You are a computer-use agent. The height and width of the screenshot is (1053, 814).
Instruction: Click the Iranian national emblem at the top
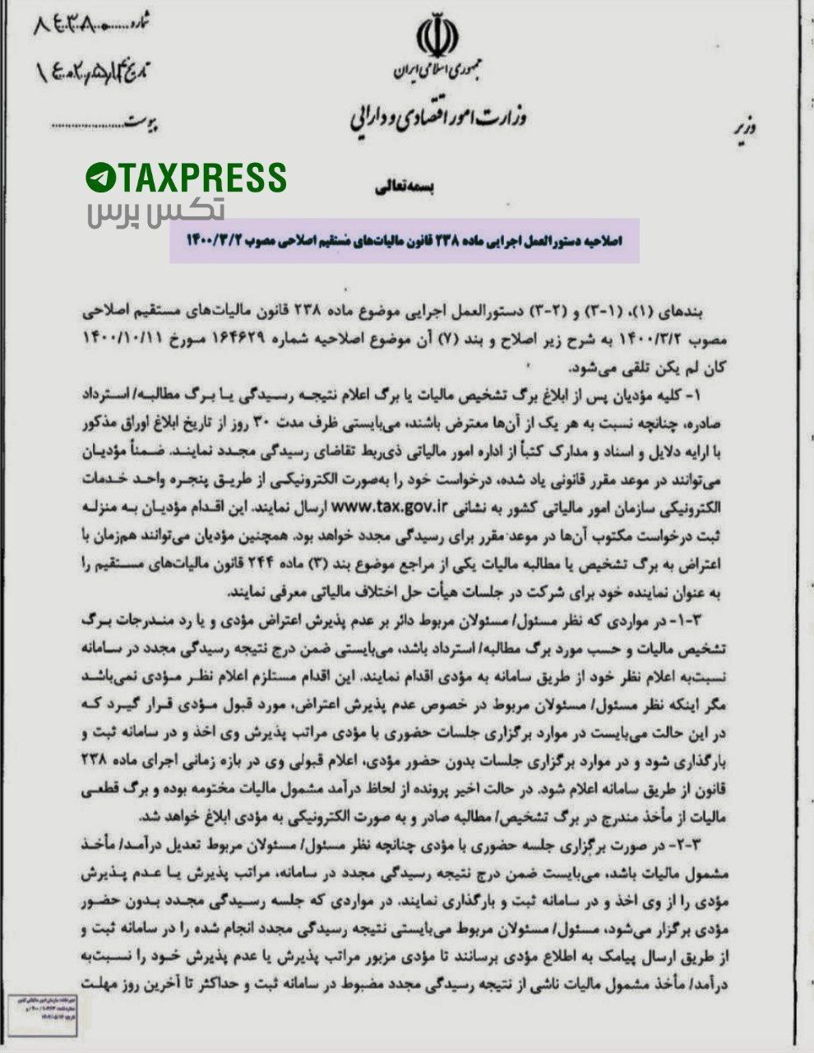(433, 34)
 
